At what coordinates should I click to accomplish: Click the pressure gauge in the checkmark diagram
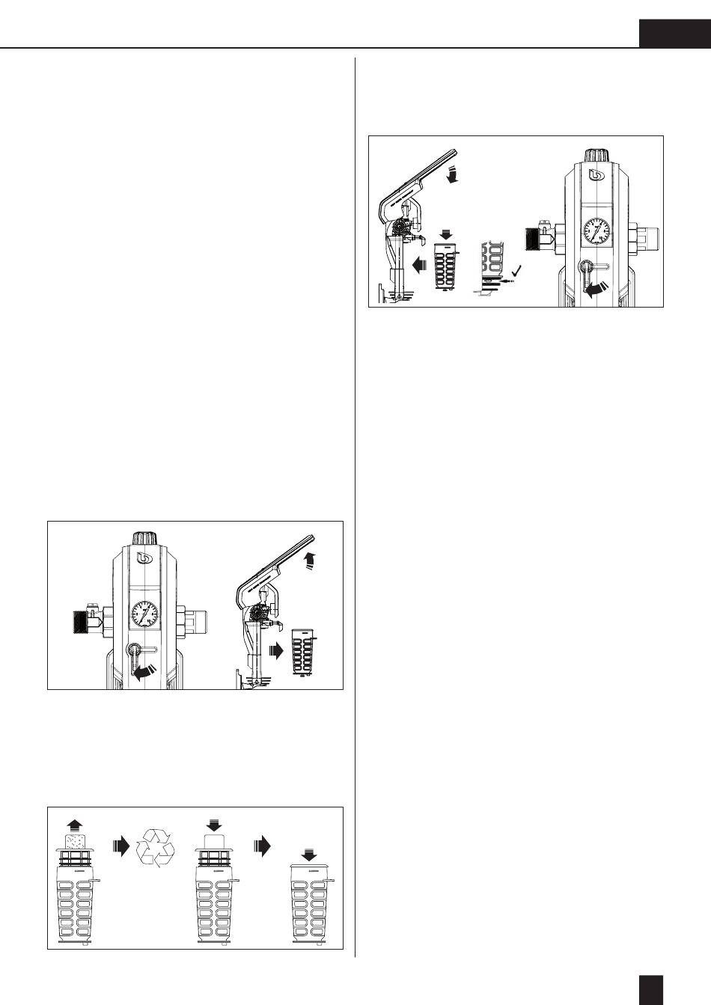(x=596, y=231)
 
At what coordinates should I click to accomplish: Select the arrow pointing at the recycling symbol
(x=120, y=846)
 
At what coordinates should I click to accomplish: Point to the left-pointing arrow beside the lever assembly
(x=417, y=264)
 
